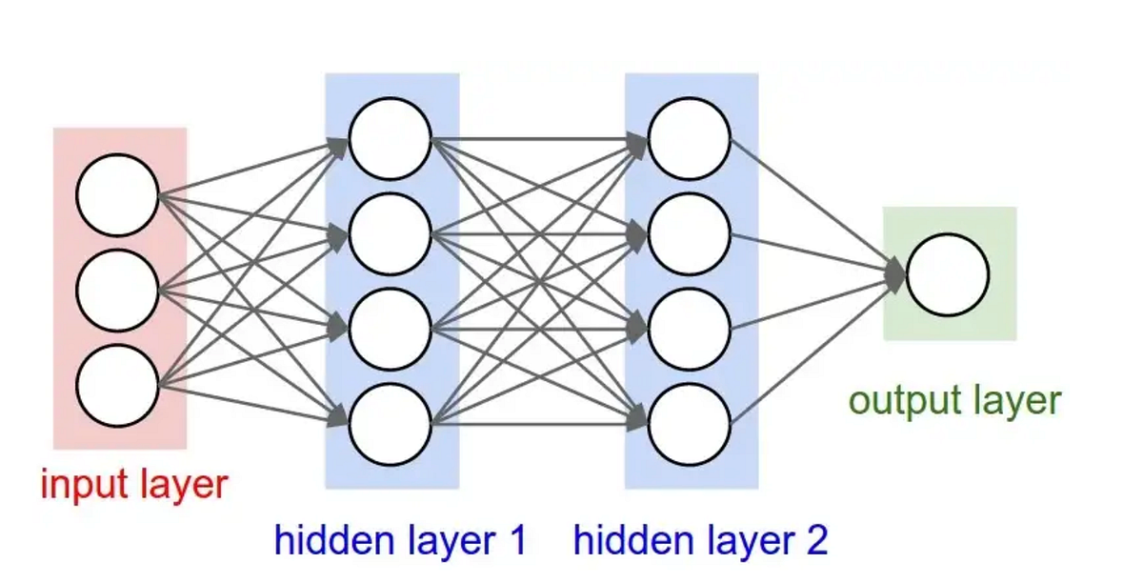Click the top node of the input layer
(x=117, y=195)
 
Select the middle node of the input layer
(x=117, y=291)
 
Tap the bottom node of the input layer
(x=117, y=386)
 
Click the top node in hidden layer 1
(x=391, y=139)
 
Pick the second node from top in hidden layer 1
(x=391, y=233)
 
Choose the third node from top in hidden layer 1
(x=391, y=329)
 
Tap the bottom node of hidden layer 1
(x=391, y=423)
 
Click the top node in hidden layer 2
(x=690, y=139)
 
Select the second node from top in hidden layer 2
(x=690, y=233)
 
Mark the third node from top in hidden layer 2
(x=690, y=329)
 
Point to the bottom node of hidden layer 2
(x=690, y=423)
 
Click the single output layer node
(x=948, y=274)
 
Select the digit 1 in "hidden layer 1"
(x=514, y=540)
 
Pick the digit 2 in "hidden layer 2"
(x=815, y=540)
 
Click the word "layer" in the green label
(x=1015, y=400)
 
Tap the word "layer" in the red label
(x=183, y=486)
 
